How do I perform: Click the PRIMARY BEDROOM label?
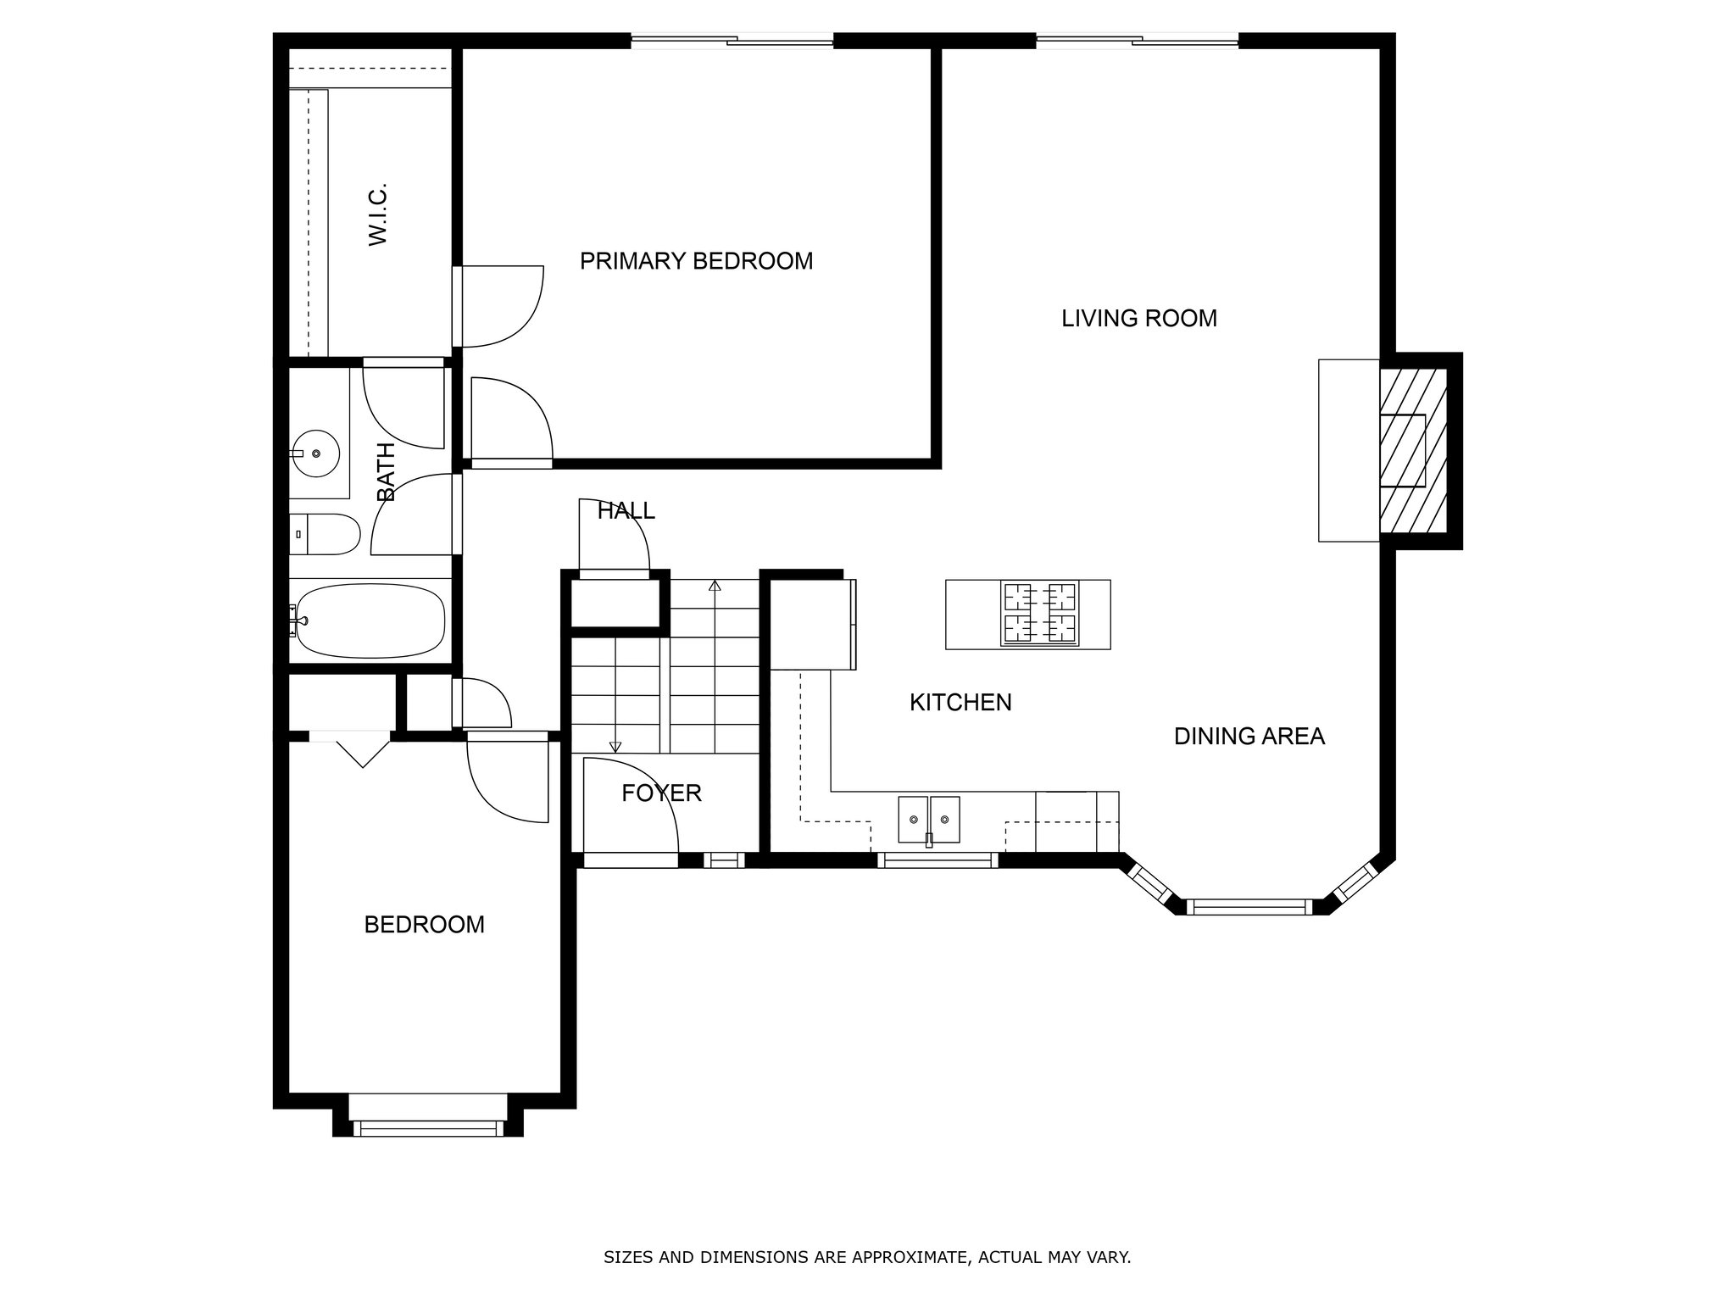tap(696, 261)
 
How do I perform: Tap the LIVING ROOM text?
tap(1139, 319)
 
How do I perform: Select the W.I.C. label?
tap(378, 214)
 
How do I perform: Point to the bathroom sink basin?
tap(315, 454)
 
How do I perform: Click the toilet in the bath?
tap(325, 534)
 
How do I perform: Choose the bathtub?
tap(368, 620)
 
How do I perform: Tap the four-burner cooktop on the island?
tap(1040, 614)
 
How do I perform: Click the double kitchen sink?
tap(929, 821)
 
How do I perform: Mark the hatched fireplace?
tap(1412, 451)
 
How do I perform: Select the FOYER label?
tap(661, 793)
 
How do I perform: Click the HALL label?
tap(626, 511)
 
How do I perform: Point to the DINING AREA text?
tap(1249, 737)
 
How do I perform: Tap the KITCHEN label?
tap(960, 703)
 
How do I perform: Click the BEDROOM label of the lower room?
tap(425, 925)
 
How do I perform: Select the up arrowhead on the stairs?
tap(715, 585)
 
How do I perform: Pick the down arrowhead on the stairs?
tap(615, 747)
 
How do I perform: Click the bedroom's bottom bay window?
tap(427, 1128)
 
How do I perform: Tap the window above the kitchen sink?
tap(938, 860)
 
